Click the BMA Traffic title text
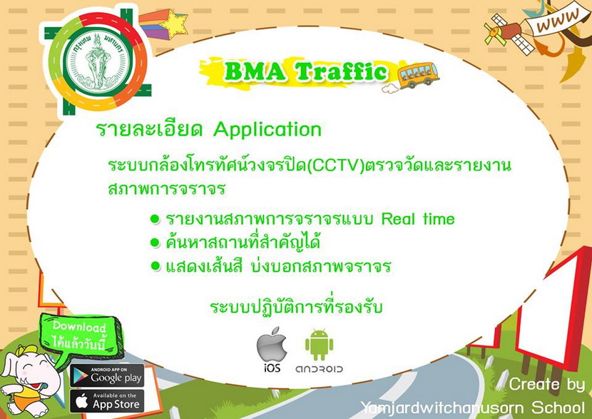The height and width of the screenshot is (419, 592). pyautogui.click(x=305, y=71)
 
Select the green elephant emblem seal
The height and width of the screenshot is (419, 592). pyautogui.click(x=98, y=61)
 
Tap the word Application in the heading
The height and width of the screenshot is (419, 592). pyautogui.click(x=267, y=130)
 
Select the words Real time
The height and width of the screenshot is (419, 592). pyautogui.click(x=418, y=219)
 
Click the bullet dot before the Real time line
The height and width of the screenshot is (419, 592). pyautogui.click(x=155, y=219)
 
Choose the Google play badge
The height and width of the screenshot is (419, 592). pyautogui.click(x=107, y=375)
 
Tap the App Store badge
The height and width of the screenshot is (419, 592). pyautogui.click(x=107, y=400)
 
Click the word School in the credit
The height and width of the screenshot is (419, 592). pyautogui.click(x=558, y=408)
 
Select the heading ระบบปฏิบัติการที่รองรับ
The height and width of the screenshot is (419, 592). pyautogui.click(x=297, y=306)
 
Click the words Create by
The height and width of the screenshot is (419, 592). pyautogui.click(x=546, y=385)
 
